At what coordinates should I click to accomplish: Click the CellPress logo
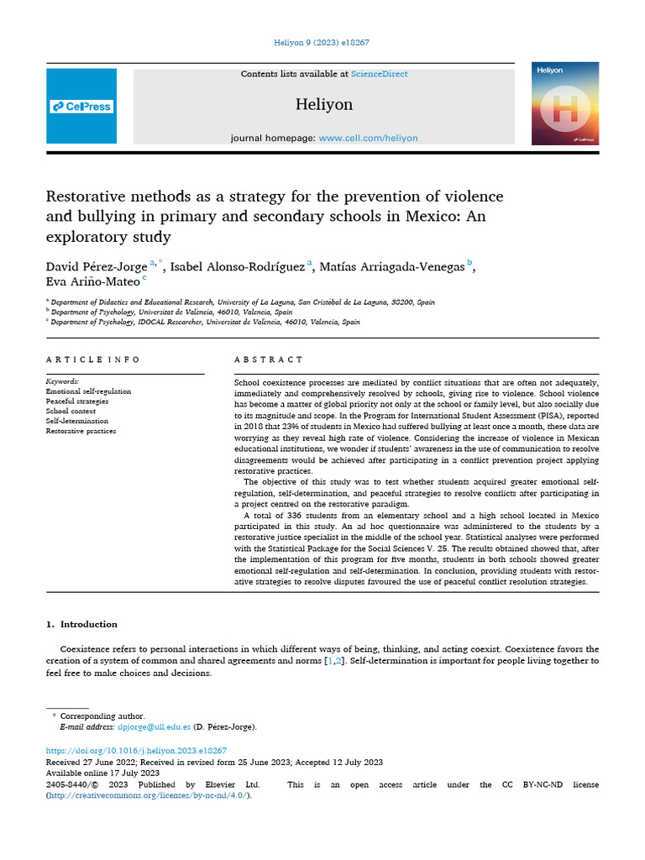[81, 107]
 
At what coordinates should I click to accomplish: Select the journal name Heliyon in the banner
[323, 105]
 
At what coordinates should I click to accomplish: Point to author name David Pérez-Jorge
[96, 267]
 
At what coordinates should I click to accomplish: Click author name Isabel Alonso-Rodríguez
[238, 267]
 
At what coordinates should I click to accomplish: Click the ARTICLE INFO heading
[93, 359]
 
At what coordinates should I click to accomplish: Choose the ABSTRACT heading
[269, 359]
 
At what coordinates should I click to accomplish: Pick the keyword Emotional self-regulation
[88, 391]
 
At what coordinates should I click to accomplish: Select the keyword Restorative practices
[81, 431]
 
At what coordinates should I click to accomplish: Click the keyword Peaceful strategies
[78, 401]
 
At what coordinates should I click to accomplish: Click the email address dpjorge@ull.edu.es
[155, 726]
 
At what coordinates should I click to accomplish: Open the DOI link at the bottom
[136, 750]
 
